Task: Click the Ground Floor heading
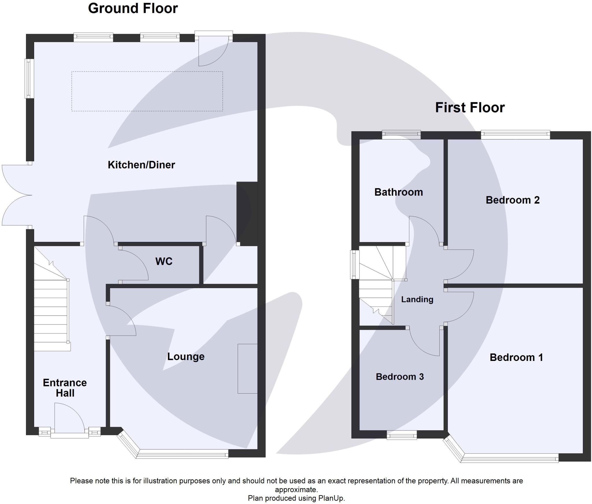point(133,8)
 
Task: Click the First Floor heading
point(470,108)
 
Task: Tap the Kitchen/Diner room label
point(141,165)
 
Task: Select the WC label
point(164,262)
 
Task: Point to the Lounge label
point(186,357)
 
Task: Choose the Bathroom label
point(399,192)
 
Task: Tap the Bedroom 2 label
point(513,200)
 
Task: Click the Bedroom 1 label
point(516,357)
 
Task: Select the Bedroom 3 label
point(400,377)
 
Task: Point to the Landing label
point(417,299)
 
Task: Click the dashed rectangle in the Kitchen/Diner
point(147,91)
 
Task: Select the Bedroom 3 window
point(402,435)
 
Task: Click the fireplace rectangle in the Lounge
point(247,369)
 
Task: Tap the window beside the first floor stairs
point(354,265)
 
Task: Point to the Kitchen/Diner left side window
point(29,78)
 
